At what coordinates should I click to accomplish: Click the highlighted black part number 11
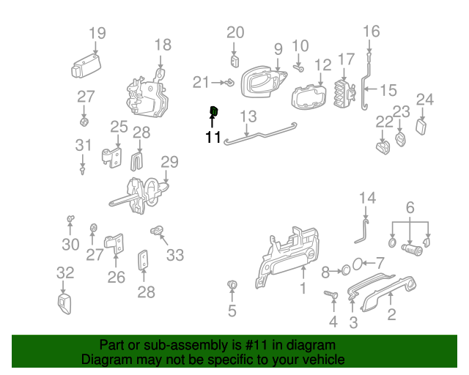[x=213, y=137]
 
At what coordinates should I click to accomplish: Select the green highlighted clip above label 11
[x=213, y=111]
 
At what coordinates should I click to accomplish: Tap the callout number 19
[x=97, y=33]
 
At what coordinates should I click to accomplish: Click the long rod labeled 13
[x=260, y=134]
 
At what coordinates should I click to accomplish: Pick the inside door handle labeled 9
[x=263, y=81]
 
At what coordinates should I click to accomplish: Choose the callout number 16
[x=372, y=31]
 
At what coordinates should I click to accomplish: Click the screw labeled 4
[x=331, y=294]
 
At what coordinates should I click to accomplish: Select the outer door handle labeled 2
[x=389, y=293]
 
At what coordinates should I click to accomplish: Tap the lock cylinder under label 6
[x=412, y=249]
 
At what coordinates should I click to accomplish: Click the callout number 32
[x=65, y=273]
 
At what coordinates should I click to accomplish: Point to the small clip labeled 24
[x=421, y=127]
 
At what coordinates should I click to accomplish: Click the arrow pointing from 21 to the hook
[x=218, y=82]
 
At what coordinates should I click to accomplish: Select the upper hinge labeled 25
[x=112, y=157]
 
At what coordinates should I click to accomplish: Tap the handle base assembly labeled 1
[x=287, y=256]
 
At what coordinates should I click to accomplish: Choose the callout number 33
[x=175, y=255]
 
